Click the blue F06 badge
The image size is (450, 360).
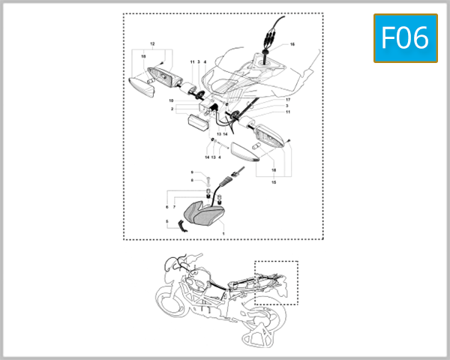(405, 37)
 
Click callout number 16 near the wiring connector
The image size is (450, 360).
(292, 45)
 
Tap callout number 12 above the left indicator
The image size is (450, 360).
(153, 44)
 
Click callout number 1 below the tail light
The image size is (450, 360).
(223, 235)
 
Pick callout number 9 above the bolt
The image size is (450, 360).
(191, 172)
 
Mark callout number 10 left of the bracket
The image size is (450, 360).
(172, 100)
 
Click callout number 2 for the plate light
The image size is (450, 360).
(172, 109)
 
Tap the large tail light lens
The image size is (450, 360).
(206, 215)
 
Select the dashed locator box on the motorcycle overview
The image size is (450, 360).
(276, 282)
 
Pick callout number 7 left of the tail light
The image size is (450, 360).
(173, 206)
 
